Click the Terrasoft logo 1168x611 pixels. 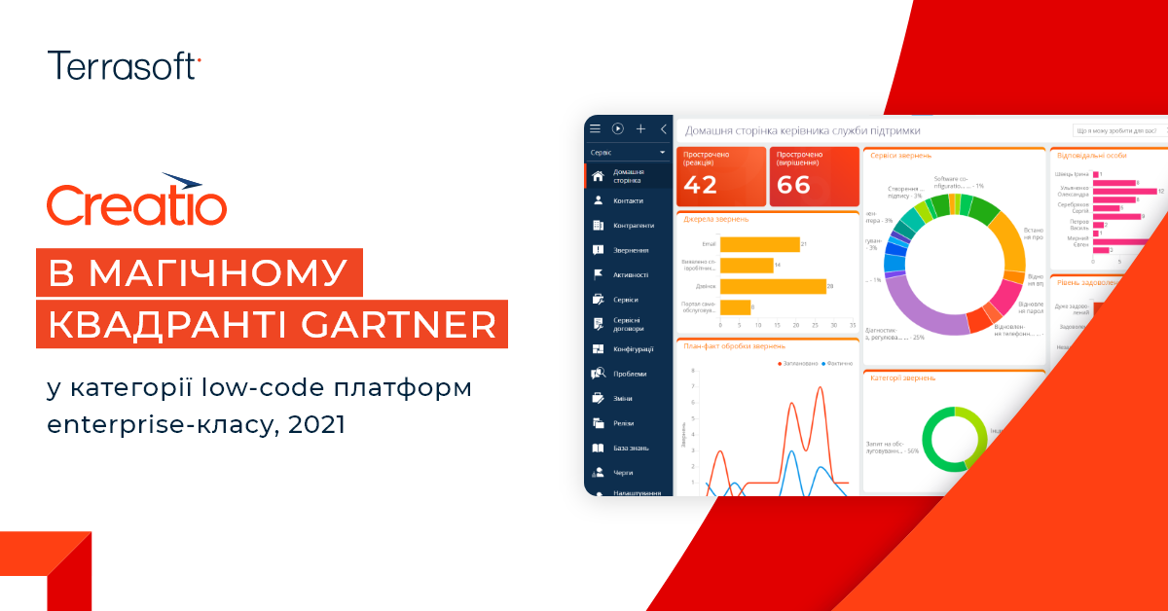124,65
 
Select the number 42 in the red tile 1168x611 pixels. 701,185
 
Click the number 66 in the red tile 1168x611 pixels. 794,185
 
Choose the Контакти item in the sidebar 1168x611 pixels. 628,200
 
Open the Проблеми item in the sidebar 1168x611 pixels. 630,374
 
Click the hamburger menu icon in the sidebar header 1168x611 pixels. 595,128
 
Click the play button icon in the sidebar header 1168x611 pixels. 617,128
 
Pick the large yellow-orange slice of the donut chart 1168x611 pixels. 1010,249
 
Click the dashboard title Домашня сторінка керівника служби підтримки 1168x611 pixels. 802,130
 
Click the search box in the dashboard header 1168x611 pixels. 1119,130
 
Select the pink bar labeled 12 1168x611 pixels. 1123,192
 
